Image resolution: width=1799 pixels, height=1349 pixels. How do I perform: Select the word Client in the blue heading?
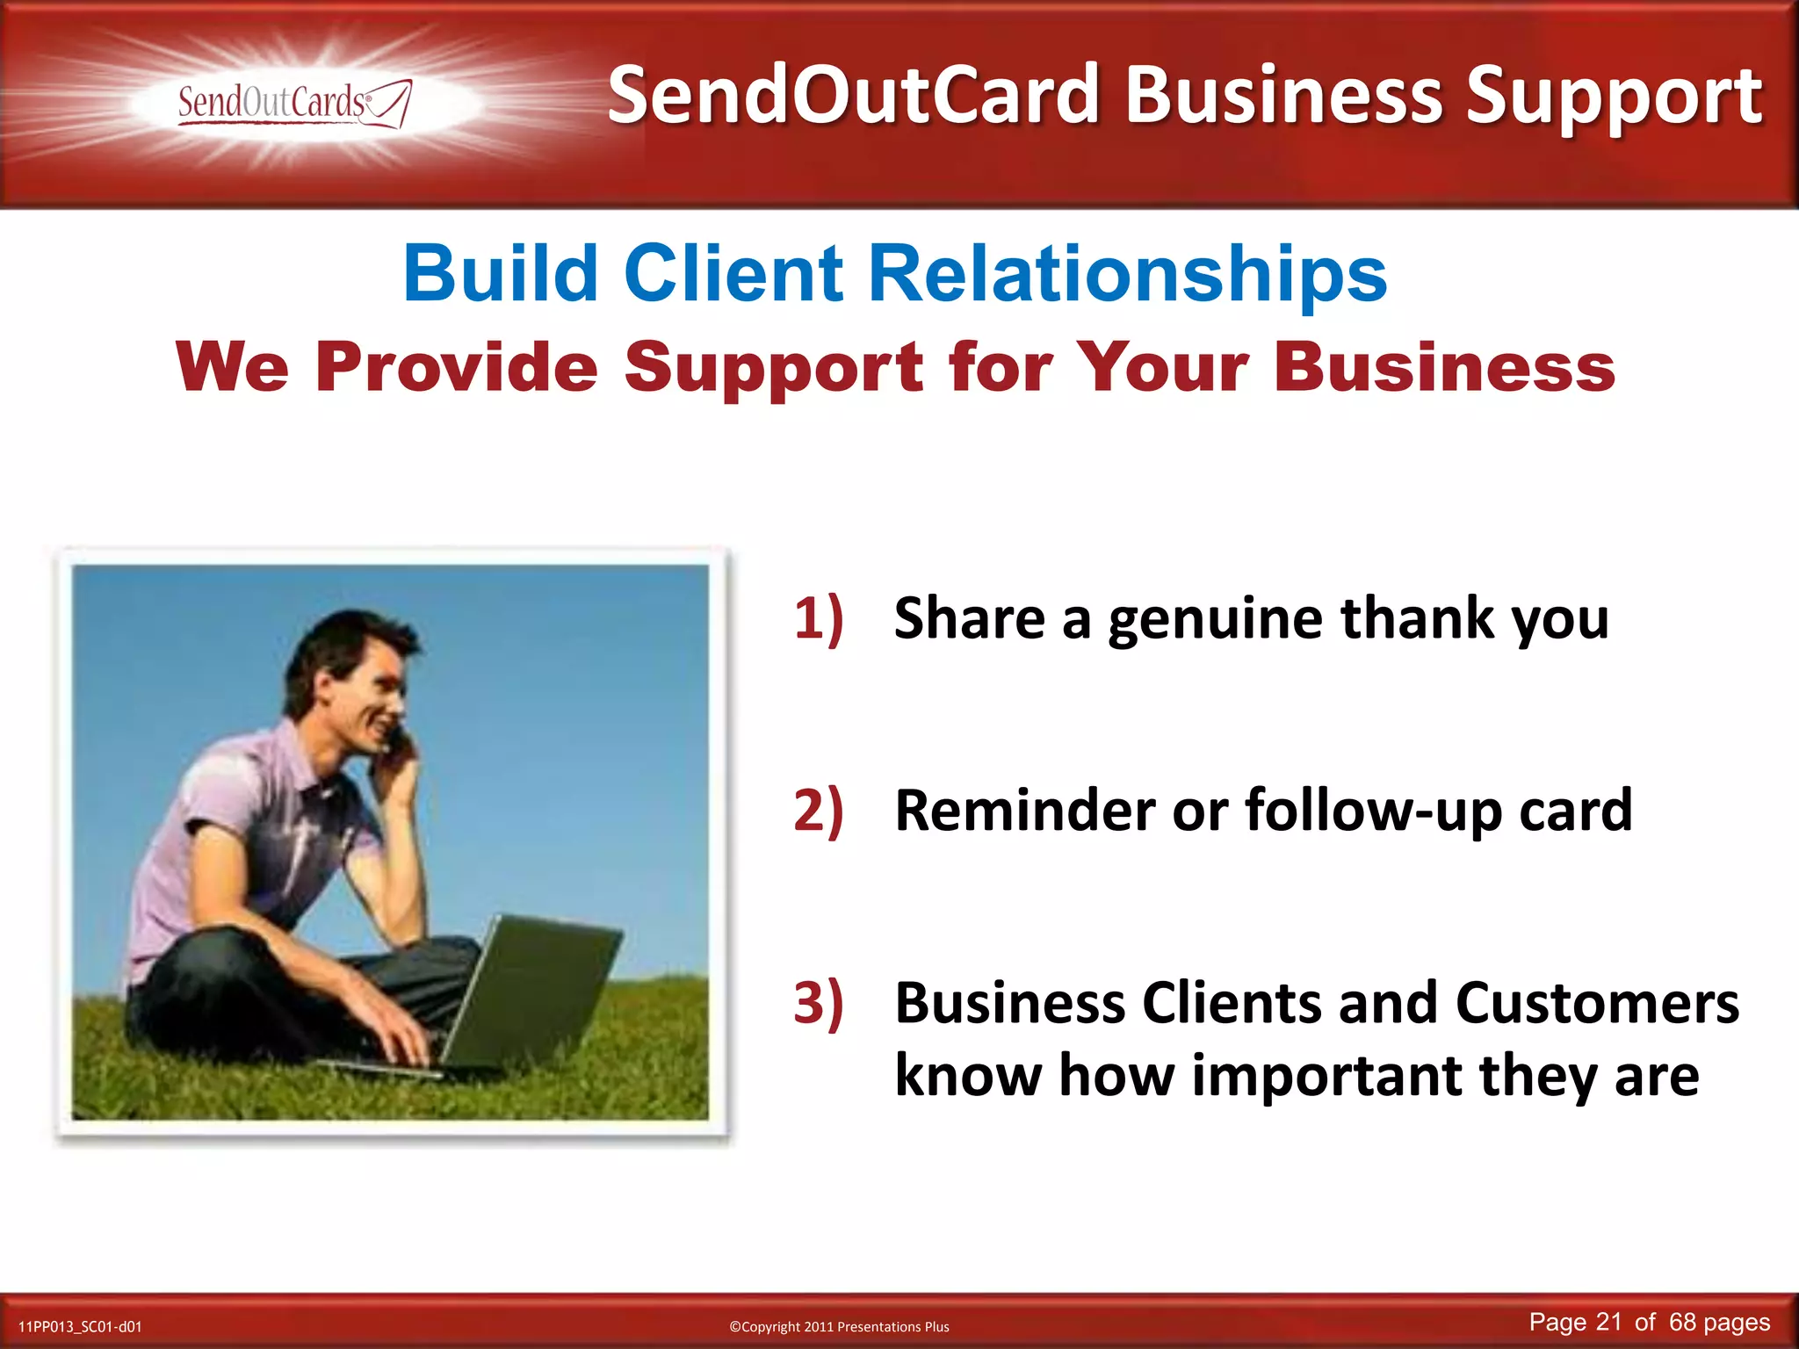click(x=733, y=273)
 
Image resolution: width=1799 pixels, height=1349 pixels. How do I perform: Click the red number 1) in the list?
click(x=818, y=617)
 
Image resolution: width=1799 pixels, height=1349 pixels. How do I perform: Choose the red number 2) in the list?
click(x=818, y=809)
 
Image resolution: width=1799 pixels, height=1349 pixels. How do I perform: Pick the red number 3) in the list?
click(x=818, y=1002)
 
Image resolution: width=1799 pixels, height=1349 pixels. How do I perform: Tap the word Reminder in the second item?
click(x=1024, y=809)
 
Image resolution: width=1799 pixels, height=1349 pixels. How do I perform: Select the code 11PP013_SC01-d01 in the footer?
click(x=80, y=1326)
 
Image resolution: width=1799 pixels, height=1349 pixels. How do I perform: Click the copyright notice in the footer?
click(x=839, y=1326)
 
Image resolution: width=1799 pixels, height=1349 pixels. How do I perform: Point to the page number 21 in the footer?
click(x=1608, y=1322)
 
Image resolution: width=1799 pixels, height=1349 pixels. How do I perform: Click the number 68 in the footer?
click(x=1682, y=1322)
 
